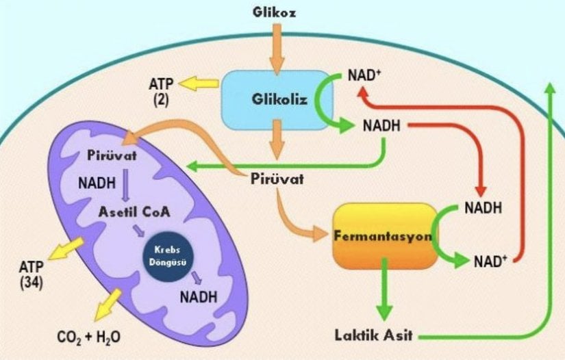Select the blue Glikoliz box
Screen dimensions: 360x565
coord(277,99)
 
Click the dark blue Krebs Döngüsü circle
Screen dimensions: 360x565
coord(168,255)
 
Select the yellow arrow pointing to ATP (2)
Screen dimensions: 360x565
coord(197,84)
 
